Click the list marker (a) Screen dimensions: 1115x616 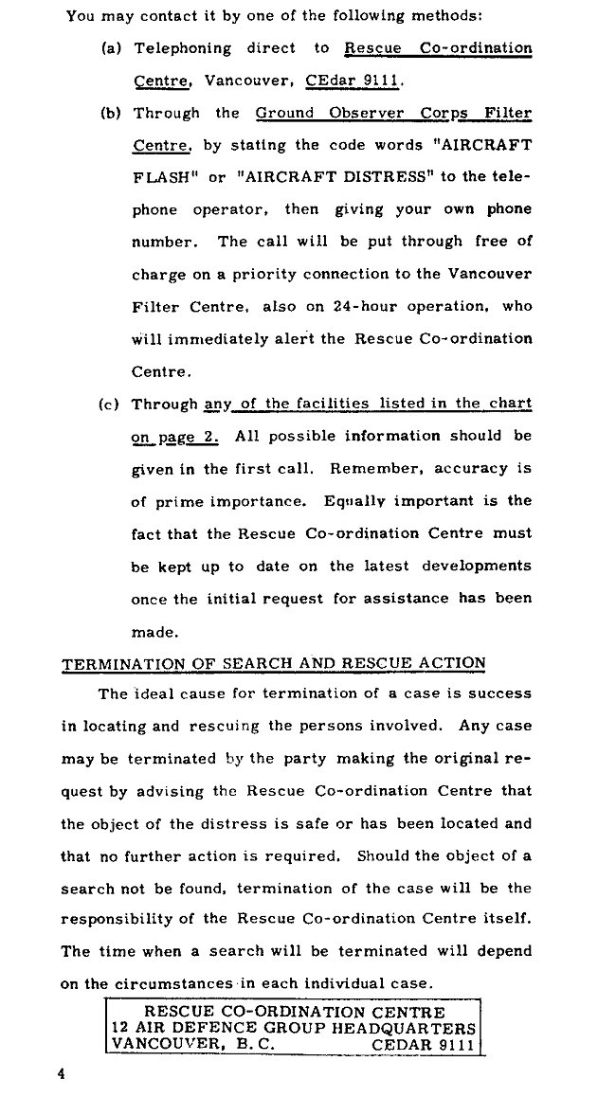pos(111,48)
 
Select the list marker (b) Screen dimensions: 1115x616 pos(111,113)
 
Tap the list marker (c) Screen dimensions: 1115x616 pos(111,405)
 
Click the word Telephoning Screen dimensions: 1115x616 pos(182,48)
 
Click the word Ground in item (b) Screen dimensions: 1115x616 pos(287,113)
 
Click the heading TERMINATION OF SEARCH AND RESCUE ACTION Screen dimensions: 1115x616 pos(273,663)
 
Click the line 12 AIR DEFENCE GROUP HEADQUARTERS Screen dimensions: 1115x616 pos(293,1028)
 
